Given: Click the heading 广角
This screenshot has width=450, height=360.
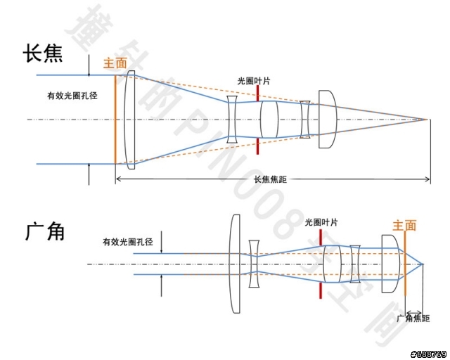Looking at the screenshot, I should (x=44, y=231).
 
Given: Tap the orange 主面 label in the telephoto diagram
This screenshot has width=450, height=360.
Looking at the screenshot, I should (x=115, y=63).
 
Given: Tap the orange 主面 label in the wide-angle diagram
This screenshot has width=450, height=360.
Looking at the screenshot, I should (x=404, y=226).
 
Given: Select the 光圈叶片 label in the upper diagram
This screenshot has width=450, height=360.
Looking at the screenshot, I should (x=254, y=81).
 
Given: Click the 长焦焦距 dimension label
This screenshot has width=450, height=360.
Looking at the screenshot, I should (x=271, y=179).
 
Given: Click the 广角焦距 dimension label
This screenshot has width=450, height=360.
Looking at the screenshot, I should (x=413, y=319).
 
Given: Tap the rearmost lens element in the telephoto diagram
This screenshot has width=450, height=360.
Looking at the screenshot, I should (x=327, y=119).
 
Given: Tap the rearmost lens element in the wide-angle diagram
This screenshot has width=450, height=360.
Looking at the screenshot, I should (x=389, y=264).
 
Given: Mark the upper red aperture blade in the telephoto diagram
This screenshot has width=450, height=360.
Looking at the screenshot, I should (x=258, y=93).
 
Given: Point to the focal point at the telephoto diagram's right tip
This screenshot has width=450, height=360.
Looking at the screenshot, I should (x=428, y=119).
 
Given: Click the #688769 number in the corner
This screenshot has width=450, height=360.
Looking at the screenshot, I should (x=427, y=352).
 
